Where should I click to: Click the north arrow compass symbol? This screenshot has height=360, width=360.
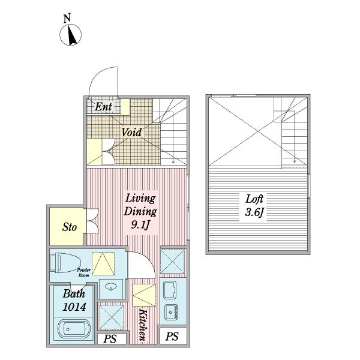tap(70, 35)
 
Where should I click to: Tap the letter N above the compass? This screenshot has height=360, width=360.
tap(67, 19)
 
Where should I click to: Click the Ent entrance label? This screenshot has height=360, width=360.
tap(103, 107)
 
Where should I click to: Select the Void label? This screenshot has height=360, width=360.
tap(131, 132)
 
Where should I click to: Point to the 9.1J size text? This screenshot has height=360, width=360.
tap(140, 225)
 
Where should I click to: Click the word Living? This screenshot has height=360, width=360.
tap(140, 199)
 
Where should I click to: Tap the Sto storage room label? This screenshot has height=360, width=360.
tap(70, 227)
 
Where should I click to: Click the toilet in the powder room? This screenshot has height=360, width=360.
tap(65, 263)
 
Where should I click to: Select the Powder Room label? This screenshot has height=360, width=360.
tap(84, 272)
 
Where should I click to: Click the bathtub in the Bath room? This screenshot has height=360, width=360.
tap(74, 329)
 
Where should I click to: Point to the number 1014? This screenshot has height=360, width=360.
tap(74, 307)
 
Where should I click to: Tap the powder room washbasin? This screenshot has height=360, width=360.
tap(111, 287)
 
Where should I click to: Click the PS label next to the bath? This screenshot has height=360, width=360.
tap(110, 339)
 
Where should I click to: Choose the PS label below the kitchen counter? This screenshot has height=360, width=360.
tap(172, 337)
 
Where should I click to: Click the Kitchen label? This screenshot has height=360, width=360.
tap(143, 325)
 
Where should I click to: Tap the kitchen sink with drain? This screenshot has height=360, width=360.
tap(171, 312)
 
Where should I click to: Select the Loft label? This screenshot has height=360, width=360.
tap(254, 199)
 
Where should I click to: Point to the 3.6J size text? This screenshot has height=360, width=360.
tap(254, 212)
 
